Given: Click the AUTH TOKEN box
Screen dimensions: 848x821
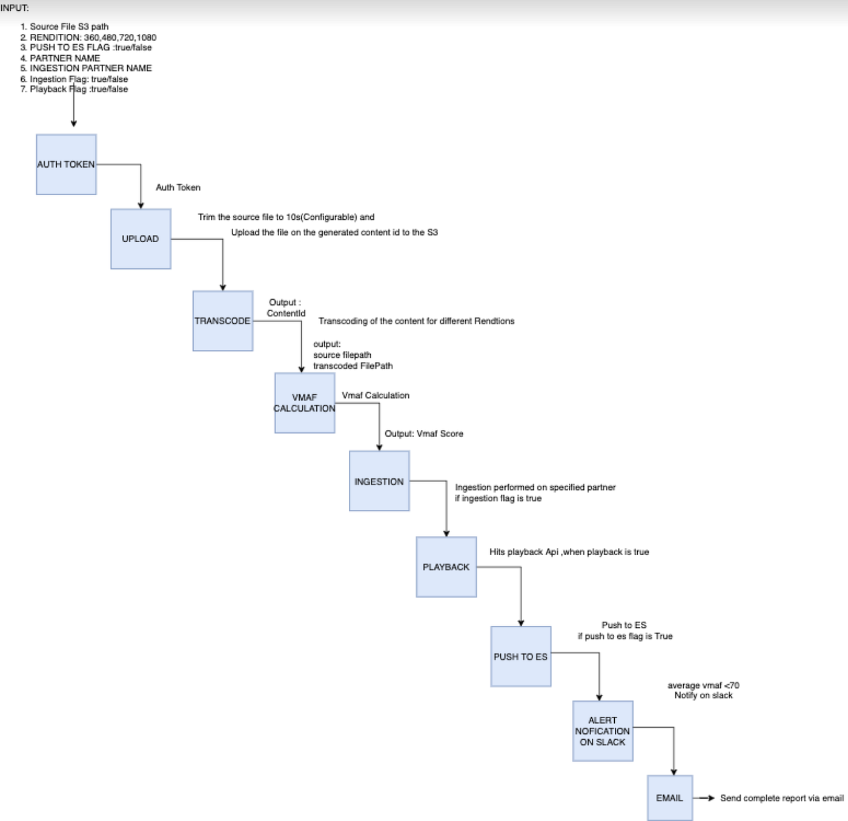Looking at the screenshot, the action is click(x=66, y=164).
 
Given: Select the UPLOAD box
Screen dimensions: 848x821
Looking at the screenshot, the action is click(x=141, y=239).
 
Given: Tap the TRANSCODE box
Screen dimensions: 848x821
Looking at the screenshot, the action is click(x=223, y=321).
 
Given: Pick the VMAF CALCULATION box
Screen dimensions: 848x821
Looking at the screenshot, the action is click(x=305, y=403).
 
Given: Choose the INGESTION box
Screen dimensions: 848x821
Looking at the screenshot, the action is click(x=379, y=481).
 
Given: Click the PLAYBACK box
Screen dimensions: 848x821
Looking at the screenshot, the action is click(x=446, y=567).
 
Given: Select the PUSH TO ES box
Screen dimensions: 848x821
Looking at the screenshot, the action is click(x=521, y=656).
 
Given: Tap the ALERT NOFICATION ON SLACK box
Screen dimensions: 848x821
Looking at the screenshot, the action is click(x=603, y=731).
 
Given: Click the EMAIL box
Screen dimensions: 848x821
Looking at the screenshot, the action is click(x=670, y=798).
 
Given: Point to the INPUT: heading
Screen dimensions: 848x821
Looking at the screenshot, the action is click(x=15, y=8).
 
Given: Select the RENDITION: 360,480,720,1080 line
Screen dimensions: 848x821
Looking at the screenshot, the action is click(x=88, y=38).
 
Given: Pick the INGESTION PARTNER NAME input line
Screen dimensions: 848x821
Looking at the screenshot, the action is click(x=86, y=68).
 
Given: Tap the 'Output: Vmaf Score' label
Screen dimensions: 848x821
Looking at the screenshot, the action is click(x=424, y=434).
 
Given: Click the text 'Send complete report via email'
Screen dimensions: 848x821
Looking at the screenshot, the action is click(x=782, y=798).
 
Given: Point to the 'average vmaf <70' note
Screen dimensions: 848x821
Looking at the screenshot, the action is click(x=703, y=685).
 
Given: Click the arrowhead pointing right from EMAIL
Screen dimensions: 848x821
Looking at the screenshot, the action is click(x=712, y=798).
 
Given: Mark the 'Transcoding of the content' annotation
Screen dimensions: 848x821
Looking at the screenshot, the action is click(x=416, y=321).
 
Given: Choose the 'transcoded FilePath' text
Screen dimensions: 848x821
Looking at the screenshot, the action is click(x=353, y=366).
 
